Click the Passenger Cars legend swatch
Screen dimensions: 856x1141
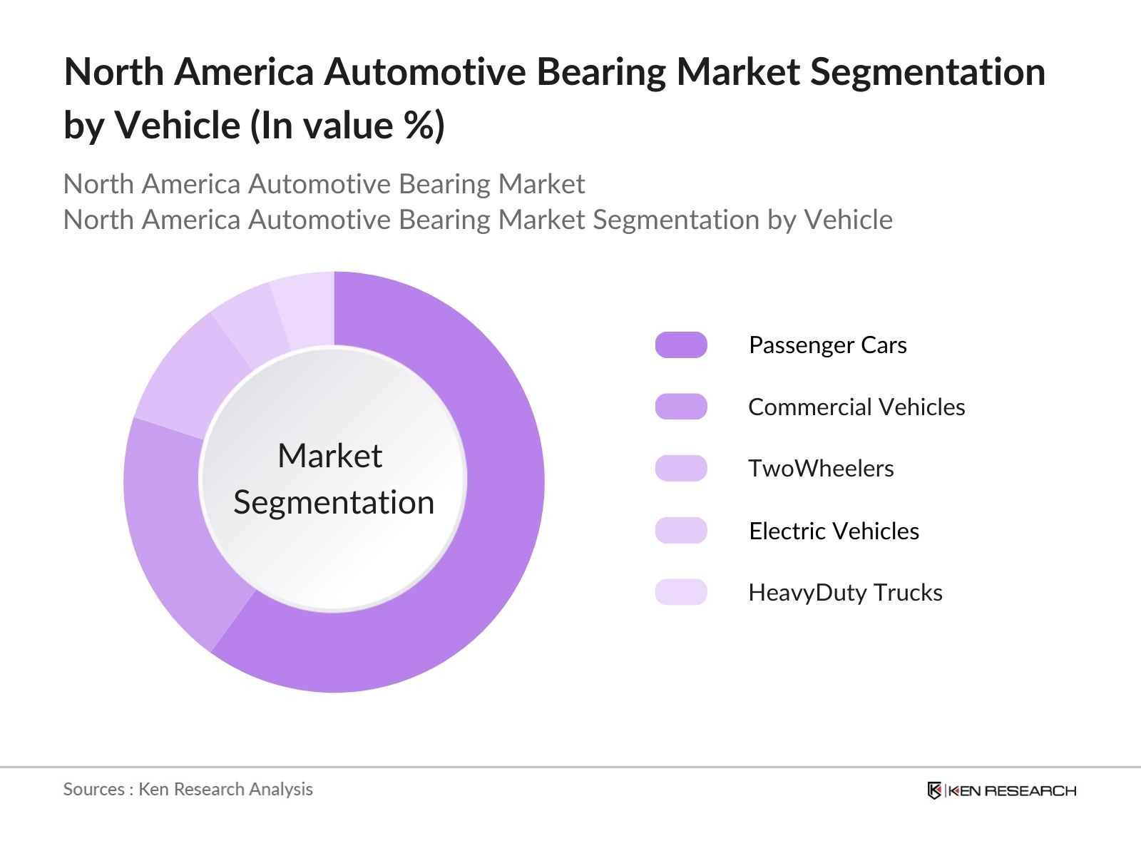(681, 345)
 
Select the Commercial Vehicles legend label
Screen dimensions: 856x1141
(856, 407)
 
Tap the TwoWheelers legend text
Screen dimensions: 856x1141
(820, 469)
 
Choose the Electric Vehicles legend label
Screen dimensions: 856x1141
(834, 531)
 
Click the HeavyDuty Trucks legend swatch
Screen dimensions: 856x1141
(681, 593)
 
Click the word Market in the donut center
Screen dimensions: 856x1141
(329, 456)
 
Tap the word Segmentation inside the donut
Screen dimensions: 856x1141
(334, 503)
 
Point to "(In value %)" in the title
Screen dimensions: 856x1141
(347, 126)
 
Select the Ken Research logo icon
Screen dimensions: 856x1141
(934, 790)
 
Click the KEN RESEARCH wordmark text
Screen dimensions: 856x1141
(1013, 790)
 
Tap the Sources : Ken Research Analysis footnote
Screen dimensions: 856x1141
(188, 789)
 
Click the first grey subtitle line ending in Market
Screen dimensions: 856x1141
(324, 184)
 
